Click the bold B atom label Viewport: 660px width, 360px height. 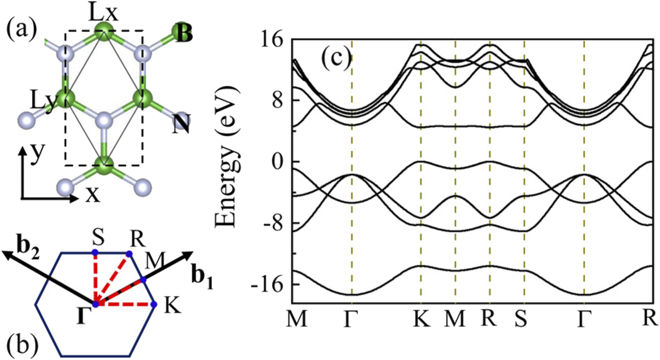click(x=185, y=34)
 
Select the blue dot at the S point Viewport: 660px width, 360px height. click(x=95, y=252)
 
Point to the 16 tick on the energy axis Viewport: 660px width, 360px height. click(x=272, y=40)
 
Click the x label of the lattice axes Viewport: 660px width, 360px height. click(x=92, y=195)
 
